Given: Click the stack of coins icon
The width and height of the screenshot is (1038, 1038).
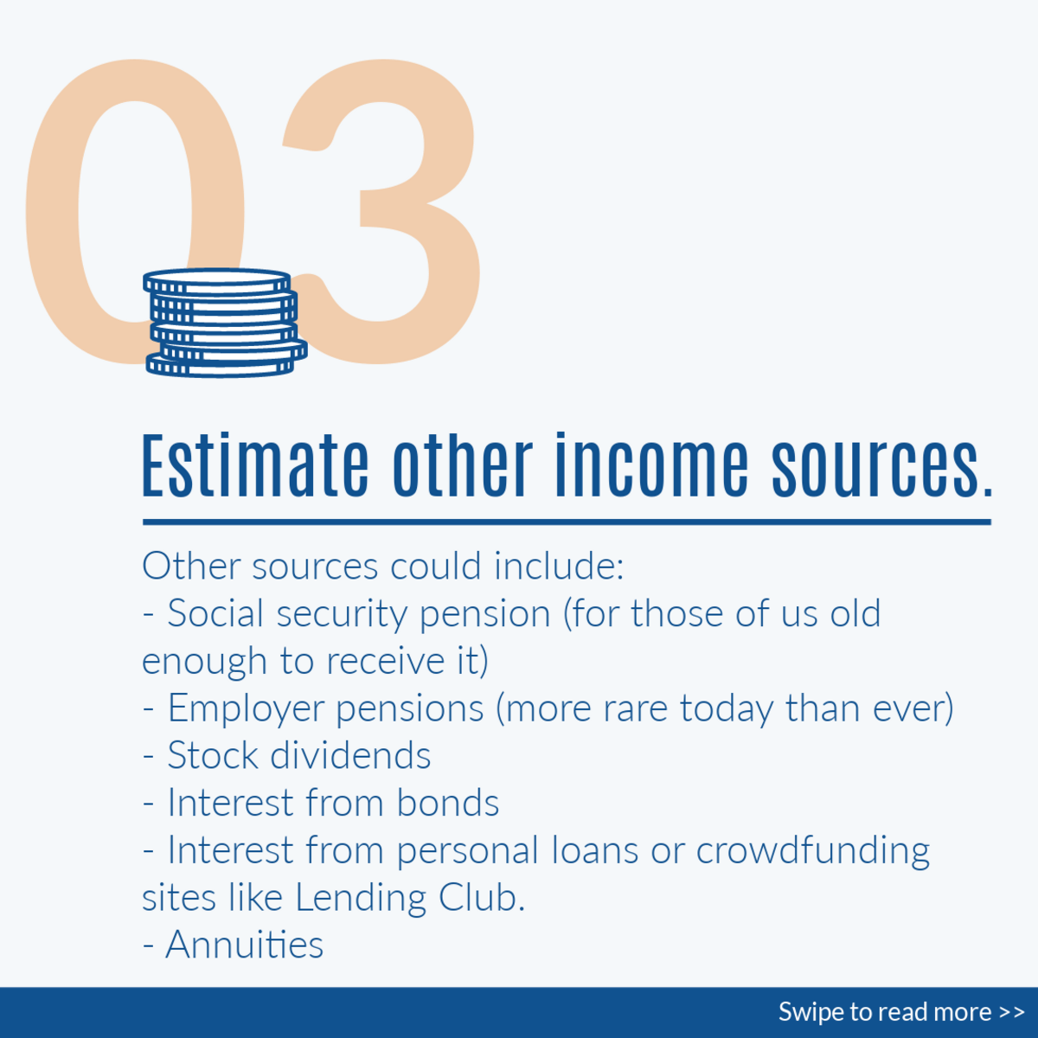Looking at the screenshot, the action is pyautogui.click(x=225, y=323).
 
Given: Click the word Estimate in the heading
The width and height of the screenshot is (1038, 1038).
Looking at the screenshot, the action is pyautogui.click(x=255, y=465).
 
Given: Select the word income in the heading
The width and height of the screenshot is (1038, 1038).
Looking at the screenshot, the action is pyautogui.click(x=652, y=465).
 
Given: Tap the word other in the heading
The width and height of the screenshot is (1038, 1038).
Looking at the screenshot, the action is pyautogui.click(x=463, y=465).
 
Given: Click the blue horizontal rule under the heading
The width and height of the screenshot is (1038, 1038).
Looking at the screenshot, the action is pyautogui.click(x=567, y=522).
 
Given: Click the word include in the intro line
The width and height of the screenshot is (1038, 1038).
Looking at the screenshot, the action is pyautogui.click(x=559, y=566).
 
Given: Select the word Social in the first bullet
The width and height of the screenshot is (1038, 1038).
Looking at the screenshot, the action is pyautogui.click(x=215, y=613).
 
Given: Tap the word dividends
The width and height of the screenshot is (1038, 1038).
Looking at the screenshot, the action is pyautogui.click(x=350, y=755).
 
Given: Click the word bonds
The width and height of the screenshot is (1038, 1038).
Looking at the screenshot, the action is pyautogui.click(x=447, y=803).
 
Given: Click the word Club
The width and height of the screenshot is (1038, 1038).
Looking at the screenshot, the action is pyautogui.click(x=482, y=897).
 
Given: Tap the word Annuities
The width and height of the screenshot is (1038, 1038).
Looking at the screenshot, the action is pyautogui.click(x=244, y=945).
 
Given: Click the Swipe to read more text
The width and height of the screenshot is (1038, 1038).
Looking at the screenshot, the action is pyautogui.click(x=901, y=1011).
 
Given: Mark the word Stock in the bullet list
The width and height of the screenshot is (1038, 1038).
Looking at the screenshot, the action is pyautogui.click(x=213, y=755).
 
